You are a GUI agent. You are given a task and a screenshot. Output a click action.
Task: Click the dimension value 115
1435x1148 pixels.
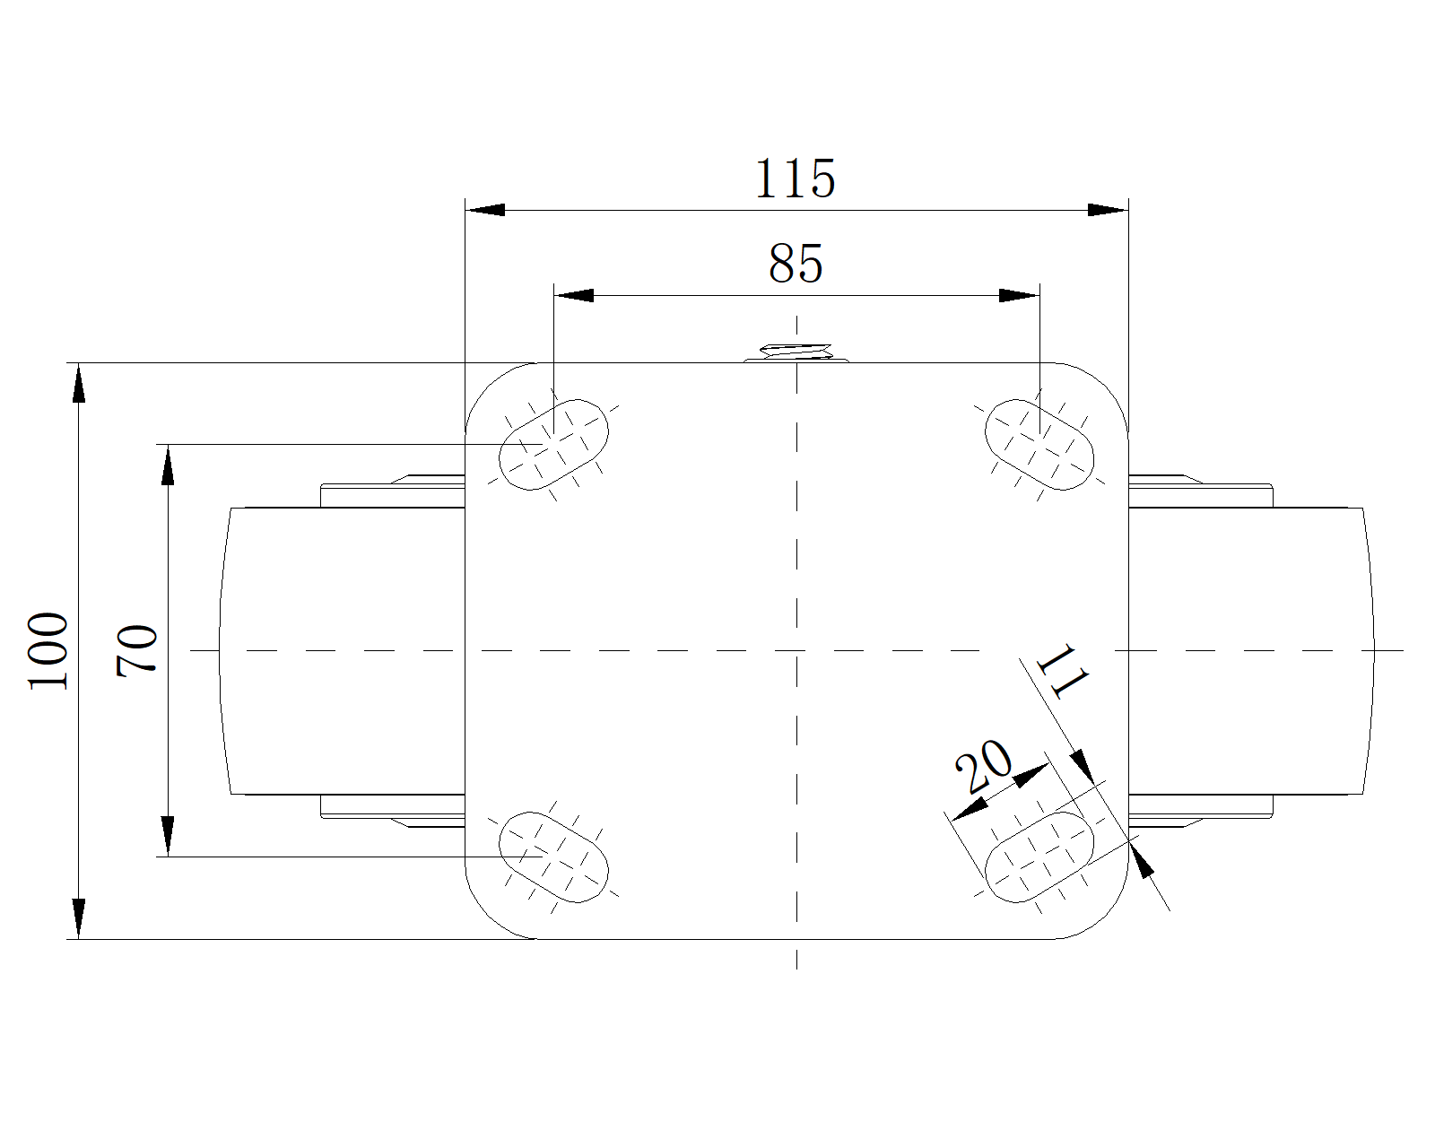point(796,178)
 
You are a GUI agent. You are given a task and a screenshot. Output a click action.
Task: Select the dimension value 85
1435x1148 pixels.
point(796,265)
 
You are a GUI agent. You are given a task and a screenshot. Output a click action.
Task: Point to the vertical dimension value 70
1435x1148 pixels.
point(137,651)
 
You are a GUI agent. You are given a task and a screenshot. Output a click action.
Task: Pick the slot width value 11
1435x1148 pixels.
point(1062,672)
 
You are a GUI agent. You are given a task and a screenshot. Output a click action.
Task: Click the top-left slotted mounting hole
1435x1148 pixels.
point(553,444)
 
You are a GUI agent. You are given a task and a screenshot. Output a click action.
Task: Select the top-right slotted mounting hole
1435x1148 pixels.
point(1039,444)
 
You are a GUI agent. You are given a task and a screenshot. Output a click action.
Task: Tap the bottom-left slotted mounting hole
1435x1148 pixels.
point(553,857)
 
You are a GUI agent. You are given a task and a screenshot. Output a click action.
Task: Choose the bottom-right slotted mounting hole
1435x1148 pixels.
point(1039,857)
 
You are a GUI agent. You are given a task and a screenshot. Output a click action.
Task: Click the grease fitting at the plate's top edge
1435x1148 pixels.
point(796,353)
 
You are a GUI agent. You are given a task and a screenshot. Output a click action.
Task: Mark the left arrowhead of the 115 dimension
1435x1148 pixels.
point(485,210)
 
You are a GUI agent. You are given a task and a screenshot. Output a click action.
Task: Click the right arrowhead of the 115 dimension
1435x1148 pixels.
point(1108,210)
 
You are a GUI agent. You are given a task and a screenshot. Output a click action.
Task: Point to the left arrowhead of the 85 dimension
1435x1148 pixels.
point(574,295)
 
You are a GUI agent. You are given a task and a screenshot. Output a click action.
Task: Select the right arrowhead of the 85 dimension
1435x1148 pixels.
point(1019,295)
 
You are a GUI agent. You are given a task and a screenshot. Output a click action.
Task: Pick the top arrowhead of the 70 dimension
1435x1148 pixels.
point(168,465)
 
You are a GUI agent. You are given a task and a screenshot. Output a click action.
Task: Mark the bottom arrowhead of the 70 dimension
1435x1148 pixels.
point(168,836)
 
